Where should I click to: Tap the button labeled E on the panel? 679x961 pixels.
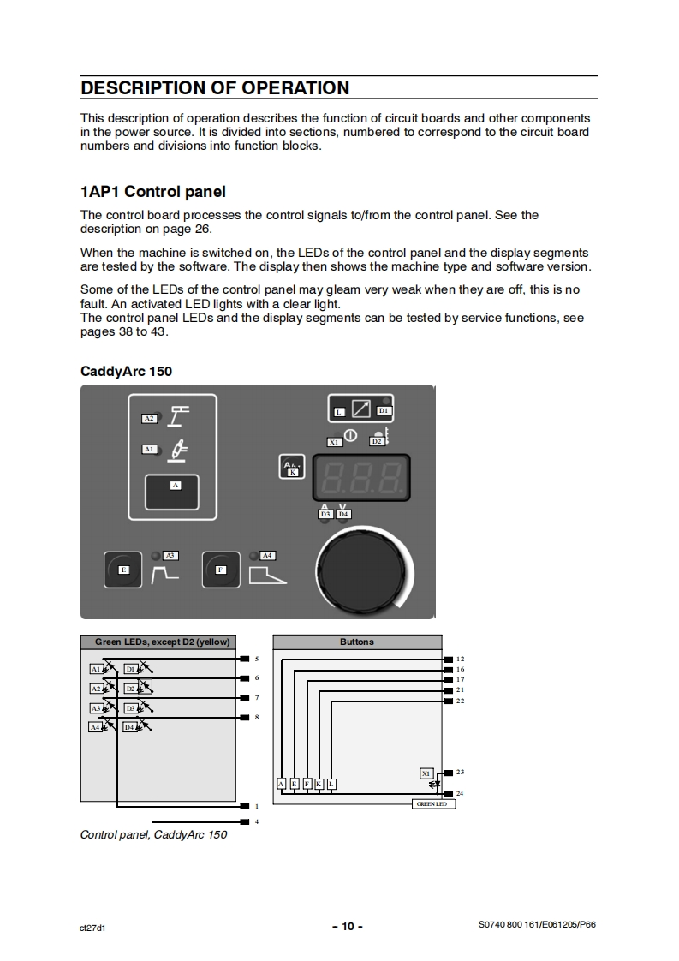coord(123,570)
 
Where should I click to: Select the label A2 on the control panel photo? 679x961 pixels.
coord(149,418)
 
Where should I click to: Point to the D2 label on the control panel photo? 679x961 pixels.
coord(377,441)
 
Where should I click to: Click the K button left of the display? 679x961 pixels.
coord(292,468)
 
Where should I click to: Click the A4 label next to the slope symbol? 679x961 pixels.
coord(266,556)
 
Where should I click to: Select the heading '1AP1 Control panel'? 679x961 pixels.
coord(153,191)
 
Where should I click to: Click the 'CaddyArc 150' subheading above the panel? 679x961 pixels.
coord(127,371)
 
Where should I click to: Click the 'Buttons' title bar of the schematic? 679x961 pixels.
coord(357,642)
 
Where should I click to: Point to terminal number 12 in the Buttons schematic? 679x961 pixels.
coord(460,659)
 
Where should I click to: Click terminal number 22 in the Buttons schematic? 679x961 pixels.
coord(460,701)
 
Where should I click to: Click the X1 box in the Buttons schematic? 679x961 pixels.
coord(426,773)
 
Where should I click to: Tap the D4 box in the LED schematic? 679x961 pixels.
coord(130,727)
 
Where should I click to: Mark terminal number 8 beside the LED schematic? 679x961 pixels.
coord(256,717)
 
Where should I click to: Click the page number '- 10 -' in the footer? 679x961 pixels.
coord(347,926)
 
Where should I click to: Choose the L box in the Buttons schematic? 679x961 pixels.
coord(331,784)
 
